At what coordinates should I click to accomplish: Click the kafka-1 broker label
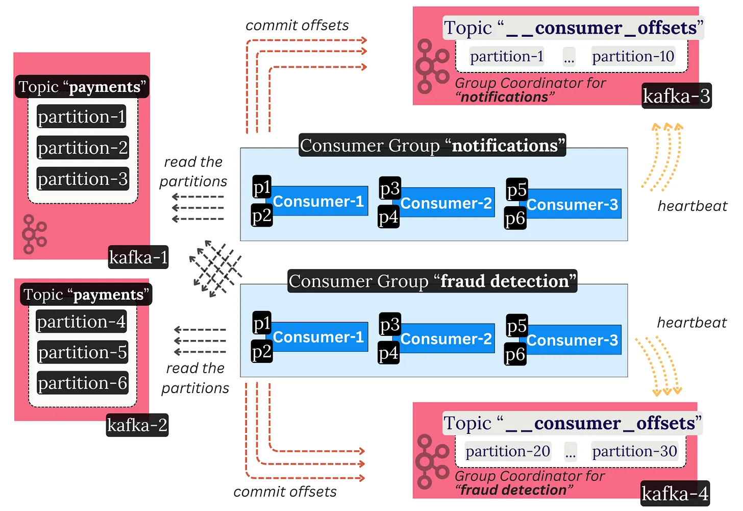point(138,257)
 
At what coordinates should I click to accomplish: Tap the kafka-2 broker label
point(137,425)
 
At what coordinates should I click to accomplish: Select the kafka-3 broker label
point(676,95)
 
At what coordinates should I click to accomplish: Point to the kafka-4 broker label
point(675,494)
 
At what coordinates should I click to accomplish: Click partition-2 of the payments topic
point(83,148)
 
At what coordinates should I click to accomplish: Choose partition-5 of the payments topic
point(83,352)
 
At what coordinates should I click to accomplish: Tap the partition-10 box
point(633,56)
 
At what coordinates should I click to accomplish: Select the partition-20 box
point(508,451)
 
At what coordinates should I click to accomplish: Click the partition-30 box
point(634,451)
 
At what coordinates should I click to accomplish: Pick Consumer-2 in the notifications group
point(446,203)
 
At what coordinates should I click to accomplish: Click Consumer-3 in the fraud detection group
point(572,340)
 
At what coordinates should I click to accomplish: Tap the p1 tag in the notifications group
point(262,187)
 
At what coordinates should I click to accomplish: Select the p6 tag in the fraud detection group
point(515,354)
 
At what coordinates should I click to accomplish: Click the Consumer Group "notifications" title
point(432,145)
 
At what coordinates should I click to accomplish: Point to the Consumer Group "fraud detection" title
point(432,281)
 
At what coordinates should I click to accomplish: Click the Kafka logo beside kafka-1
point(34,234)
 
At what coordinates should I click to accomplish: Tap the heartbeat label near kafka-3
point(692,206)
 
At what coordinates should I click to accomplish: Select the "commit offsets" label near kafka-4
point(285,492)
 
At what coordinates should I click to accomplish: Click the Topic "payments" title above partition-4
point(86,295)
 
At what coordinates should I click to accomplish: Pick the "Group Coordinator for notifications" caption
point(530,90)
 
